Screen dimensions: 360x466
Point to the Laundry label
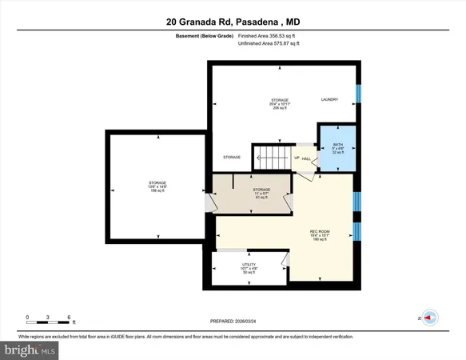coord(329,99)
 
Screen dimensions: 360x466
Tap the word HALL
coord(306,158)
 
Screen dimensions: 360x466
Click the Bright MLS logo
coord(30,350)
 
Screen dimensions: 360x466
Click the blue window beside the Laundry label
coord(358,94)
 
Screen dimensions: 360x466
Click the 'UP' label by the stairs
coord(297,158)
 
